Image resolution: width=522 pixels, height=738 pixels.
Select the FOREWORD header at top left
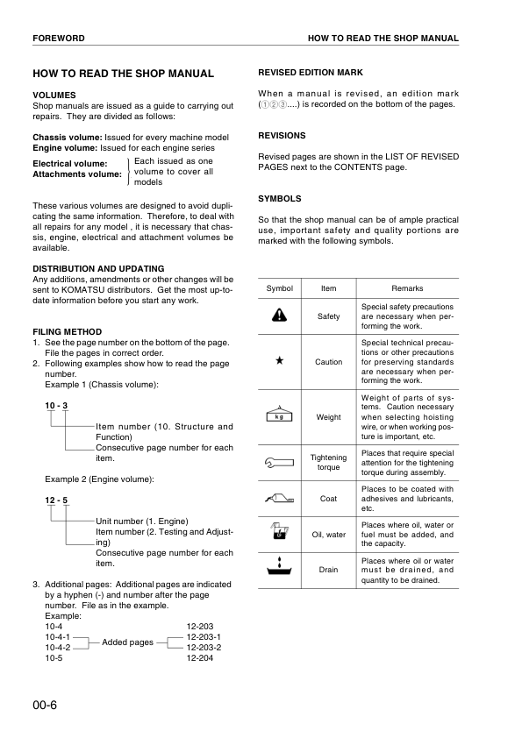tap(59, 39)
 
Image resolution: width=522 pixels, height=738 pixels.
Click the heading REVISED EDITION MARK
tap(311, 72)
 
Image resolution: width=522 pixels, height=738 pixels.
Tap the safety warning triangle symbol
tap(279, 316)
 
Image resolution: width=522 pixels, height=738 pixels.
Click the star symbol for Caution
tap(279, 361)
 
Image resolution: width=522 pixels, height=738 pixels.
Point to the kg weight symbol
tap(279, 415)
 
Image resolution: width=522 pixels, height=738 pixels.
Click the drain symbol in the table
tap(279, 569)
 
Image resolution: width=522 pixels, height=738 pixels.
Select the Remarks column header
tap(407, 288)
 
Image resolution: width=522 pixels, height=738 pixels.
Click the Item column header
tap(328, 288)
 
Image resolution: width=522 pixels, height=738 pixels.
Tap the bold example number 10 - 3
tap(56, 405)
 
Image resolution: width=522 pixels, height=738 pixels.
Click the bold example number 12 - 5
tap(56, 500)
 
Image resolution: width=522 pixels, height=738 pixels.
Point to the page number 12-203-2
tap(204, 647)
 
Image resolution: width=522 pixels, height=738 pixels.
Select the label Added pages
tap(128, 642)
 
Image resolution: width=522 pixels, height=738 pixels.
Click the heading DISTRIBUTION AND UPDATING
tap(98, 268)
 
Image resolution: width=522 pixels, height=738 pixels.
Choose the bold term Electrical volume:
tap(70, 163)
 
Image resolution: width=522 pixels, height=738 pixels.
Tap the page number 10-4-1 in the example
tap(57, 637)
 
